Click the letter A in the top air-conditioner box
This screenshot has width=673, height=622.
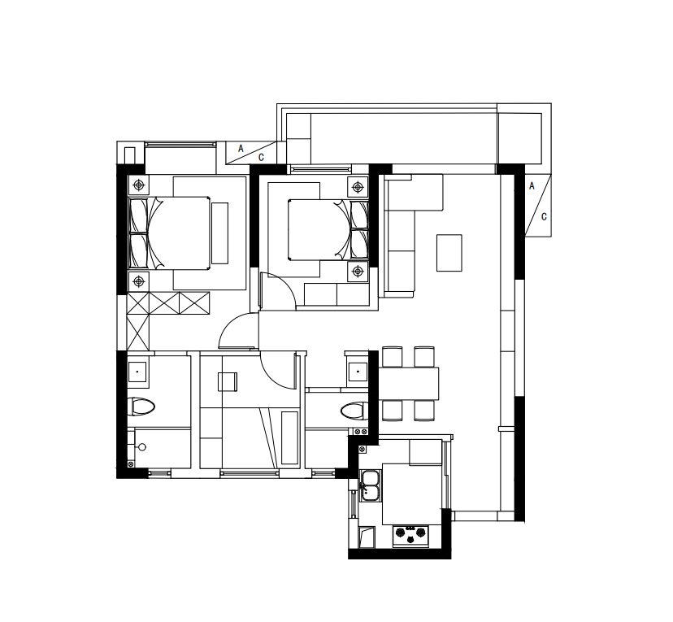tap(241, 149)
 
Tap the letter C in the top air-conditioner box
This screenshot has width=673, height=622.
tap(261, 158)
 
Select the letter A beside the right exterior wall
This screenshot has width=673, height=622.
tap(532, 186)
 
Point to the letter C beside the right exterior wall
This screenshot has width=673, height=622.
tap(544, 217)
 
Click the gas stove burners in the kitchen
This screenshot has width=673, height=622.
tap(410, 534)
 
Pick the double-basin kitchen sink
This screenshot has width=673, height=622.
tap(371, 485)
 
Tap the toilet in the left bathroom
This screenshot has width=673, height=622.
tap(141, 407)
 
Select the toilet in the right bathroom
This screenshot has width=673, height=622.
tap(354, 411)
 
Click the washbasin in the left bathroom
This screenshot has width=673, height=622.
tap(137, 372)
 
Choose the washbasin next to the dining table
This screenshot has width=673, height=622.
tap(358, 372)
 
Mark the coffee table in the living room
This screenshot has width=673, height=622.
tap(449, 253)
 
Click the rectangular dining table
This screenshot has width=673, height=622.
tap(408, 384)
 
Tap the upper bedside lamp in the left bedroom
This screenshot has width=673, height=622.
tap(138, 185)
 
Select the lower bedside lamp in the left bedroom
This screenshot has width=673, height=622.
tap(138, 281)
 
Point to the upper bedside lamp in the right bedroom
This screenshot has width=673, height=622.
tap(358, 187)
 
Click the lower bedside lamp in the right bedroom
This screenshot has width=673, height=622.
tap(358, 272)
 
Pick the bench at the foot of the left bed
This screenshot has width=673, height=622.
tap(219, 233)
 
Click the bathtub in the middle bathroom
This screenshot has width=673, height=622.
tap(289, 438)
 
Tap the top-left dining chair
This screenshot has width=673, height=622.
tap(393, 357)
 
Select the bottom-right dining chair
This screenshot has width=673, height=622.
tap(424, 411)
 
